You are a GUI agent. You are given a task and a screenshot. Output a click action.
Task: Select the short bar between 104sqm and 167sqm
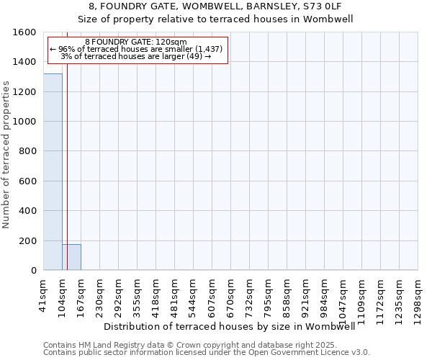pyautogui.click(x=71, y=257)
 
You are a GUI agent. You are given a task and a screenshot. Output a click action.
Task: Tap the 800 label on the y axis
pyautogui.click(x=30, y=151)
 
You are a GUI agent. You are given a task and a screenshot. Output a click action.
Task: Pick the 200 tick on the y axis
pyautogui.click(x=30, y=240)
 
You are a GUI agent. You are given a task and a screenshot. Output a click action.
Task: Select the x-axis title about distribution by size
pyautogui.click(x=230, y=326)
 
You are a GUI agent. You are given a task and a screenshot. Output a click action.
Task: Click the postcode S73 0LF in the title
pyautogui.click(x=323, y=6)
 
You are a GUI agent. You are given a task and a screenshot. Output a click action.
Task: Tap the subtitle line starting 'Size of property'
pyautogui.click(x=215, y=19)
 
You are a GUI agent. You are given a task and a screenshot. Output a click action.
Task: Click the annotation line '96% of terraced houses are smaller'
pyautogui.click(x=137, y=49)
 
